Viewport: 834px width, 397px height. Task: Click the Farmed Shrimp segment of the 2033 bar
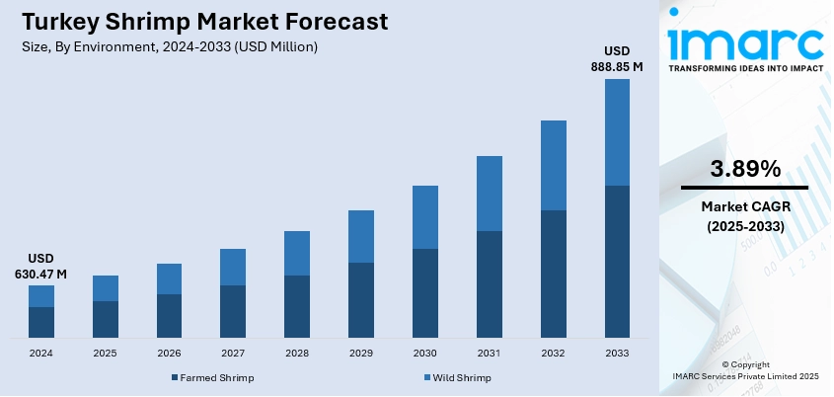point(617,261)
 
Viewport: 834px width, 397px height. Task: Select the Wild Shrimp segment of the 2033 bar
point(617,132)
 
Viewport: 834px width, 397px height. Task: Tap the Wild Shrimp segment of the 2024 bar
point(40,296)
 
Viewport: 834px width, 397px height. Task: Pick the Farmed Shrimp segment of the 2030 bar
point(424,292)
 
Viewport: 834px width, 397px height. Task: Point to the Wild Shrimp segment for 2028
point(297,253)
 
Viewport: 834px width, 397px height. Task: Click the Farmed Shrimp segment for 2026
point(169,315)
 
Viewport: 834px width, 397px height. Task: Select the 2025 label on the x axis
point(105,353)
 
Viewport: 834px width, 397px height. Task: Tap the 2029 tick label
point(361,353)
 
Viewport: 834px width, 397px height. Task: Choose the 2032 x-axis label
point(553,353)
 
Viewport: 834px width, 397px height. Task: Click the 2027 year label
point(233,353)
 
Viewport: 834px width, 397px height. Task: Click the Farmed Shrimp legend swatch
point(174,377)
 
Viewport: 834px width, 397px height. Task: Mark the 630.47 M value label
point(40,274)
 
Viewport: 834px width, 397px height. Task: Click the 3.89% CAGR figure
point(744,168)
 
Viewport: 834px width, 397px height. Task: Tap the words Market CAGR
point(744,206)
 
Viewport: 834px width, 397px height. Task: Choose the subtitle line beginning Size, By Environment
point(169,46)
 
